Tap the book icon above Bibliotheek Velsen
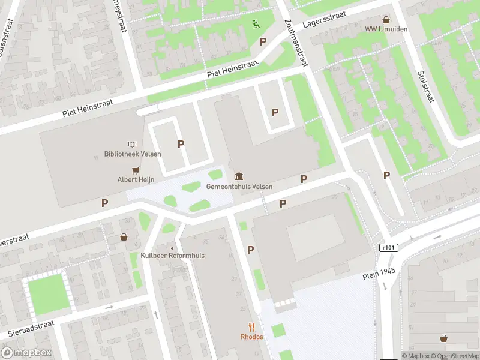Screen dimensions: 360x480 click(x=133, y=144)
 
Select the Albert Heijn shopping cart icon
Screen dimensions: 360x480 click(x=137, y=170)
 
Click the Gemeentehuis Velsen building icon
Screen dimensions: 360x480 click(x=239, y=176)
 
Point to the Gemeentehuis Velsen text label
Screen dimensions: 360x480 click(x=239, y=187)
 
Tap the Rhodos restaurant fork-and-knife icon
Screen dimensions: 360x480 click(x=252, y=327)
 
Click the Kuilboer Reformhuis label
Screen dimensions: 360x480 click(x=172, y=256)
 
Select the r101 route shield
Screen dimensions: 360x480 click(x=389, y=247)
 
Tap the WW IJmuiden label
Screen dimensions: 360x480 click(x=385, y=29)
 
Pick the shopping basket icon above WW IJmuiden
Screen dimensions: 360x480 click(x=385, y=19)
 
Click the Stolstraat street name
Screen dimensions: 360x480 click(x=425, y=86)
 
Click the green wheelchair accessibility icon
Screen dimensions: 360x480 click(x=256, y=24)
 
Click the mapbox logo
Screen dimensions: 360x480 click(x=26, y=353)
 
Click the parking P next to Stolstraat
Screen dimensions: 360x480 click(x=387, y=175)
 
